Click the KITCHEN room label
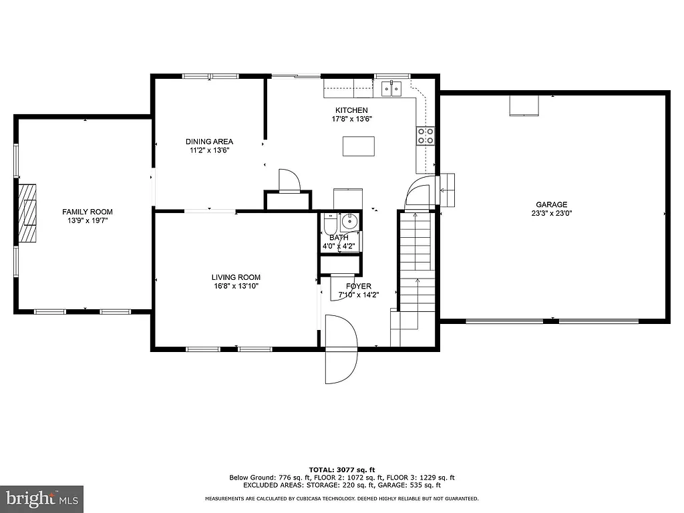[351, 110]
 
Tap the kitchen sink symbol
[391, 88]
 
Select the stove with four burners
[425, 136]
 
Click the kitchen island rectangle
[359, 146]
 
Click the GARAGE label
[551, 205]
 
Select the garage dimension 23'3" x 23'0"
[551, 214]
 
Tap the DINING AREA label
[209, 142]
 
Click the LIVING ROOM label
[236, 277]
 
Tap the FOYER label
[358, 286]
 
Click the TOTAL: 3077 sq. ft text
[341, 470]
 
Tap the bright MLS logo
[41, 498]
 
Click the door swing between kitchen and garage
[419, 192]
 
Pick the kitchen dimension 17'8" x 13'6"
[351, 119]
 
